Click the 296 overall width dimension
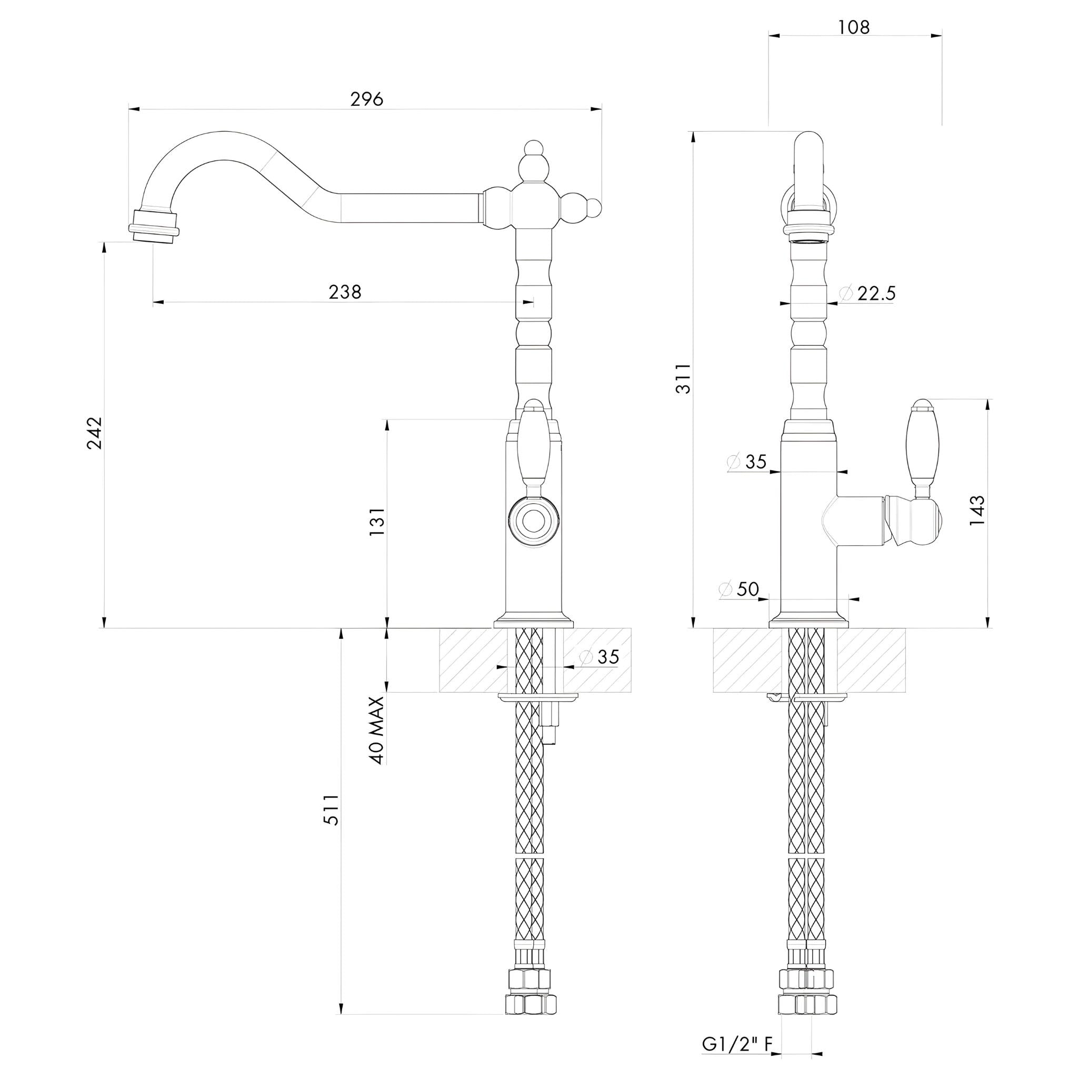pos(366,99)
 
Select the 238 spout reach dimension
pos(345,292)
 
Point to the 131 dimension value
pos(377,522)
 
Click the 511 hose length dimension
pos(331,810)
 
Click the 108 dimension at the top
pos(854,27)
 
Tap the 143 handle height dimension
pos(977,510)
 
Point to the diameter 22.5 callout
pos(867,294)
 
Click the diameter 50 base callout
pos(740,589)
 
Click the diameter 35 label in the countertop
pos(600,657)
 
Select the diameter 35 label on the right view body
pos(747,462)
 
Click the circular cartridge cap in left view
pos(533,522)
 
